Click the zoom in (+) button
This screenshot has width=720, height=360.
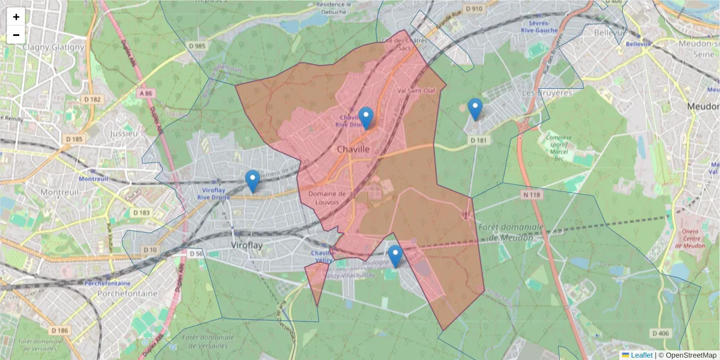[16, 17]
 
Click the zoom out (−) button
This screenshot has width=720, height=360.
[16, 35]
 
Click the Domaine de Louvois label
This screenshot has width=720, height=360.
[328, 198]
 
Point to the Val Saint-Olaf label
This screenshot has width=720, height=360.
[421, 91]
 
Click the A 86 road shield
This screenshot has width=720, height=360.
[145, 94]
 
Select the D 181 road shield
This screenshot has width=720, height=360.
[478, 140]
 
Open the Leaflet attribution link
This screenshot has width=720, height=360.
[637, 355]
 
